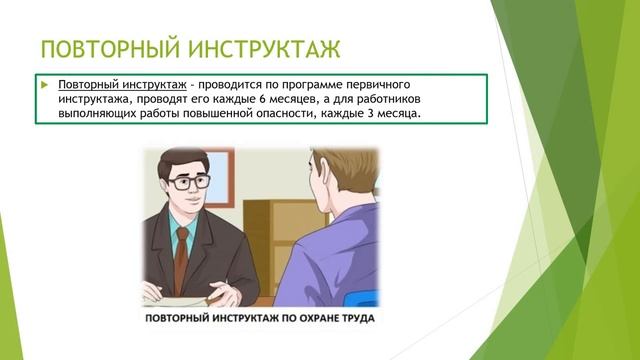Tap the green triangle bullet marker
point(45,85)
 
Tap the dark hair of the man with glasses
point(180,160)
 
